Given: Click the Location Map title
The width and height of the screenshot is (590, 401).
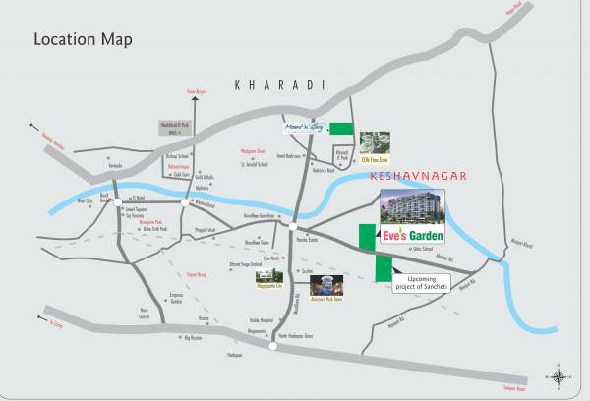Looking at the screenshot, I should [84, 40].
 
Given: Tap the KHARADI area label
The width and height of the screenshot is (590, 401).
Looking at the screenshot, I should [279, 86].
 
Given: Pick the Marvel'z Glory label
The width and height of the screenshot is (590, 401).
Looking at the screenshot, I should [301, 128].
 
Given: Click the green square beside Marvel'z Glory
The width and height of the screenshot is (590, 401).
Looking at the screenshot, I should [341, 128].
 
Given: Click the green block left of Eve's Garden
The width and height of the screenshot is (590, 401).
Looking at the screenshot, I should [367, 239].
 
